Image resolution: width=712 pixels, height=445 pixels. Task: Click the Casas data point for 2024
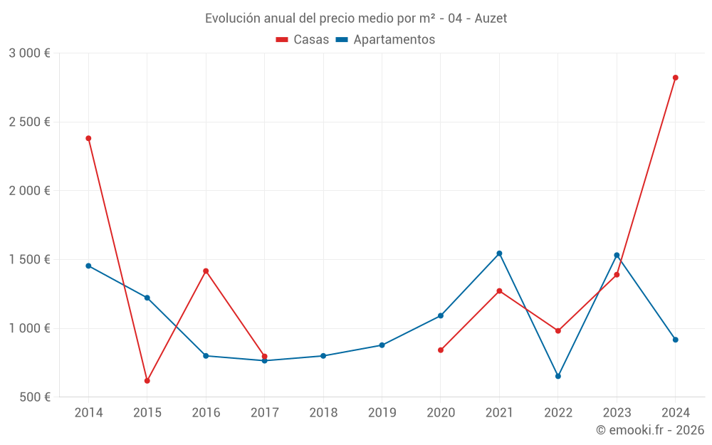click(x=675, y=78)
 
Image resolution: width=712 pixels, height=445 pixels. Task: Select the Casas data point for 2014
click(x=88, y=138)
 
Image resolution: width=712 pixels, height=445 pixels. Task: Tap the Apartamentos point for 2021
click(x=499, y=253)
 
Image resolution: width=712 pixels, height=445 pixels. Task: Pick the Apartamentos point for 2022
click(x=558, y=376)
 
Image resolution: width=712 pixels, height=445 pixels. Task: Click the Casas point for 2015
click(x=147, y=381)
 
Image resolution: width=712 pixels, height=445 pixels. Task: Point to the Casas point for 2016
click(x=206, y=271)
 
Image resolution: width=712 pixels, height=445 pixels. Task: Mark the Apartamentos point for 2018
click(x=323, y=356)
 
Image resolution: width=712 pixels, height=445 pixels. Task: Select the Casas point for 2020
click(x=441, y=350)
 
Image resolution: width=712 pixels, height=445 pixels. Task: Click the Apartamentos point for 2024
click(x=675, y=340)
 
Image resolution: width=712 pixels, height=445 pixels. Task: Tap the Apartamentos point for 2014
click(x=88, y=266)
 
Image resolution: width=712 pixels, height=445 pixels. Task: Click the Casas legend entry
click(x=303, y=40)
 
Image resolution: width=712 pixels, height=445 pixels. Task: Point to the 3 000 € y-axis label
click(x=29, y=53)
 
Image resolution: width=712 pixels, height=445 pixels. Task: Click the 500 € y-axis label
click(x=35, y=397)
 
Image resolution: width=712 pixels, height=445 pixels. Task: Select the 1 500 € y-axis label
click(x=29, y=260)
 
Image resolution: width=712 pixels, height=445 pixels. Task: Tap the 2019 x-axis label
click(x=382, y=413)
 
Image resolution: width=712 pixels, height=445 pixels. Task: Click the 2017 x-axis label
click(x=264, y=413)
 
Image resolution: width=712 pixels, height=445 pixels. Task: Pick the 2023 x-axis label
click(x=617, y=413)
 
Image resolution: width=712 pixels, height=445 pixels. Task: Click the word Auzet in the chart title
click(x=491, y=19)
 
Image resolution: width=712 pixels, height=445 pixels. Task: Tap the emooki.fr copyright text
click(x=650, y=430)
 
